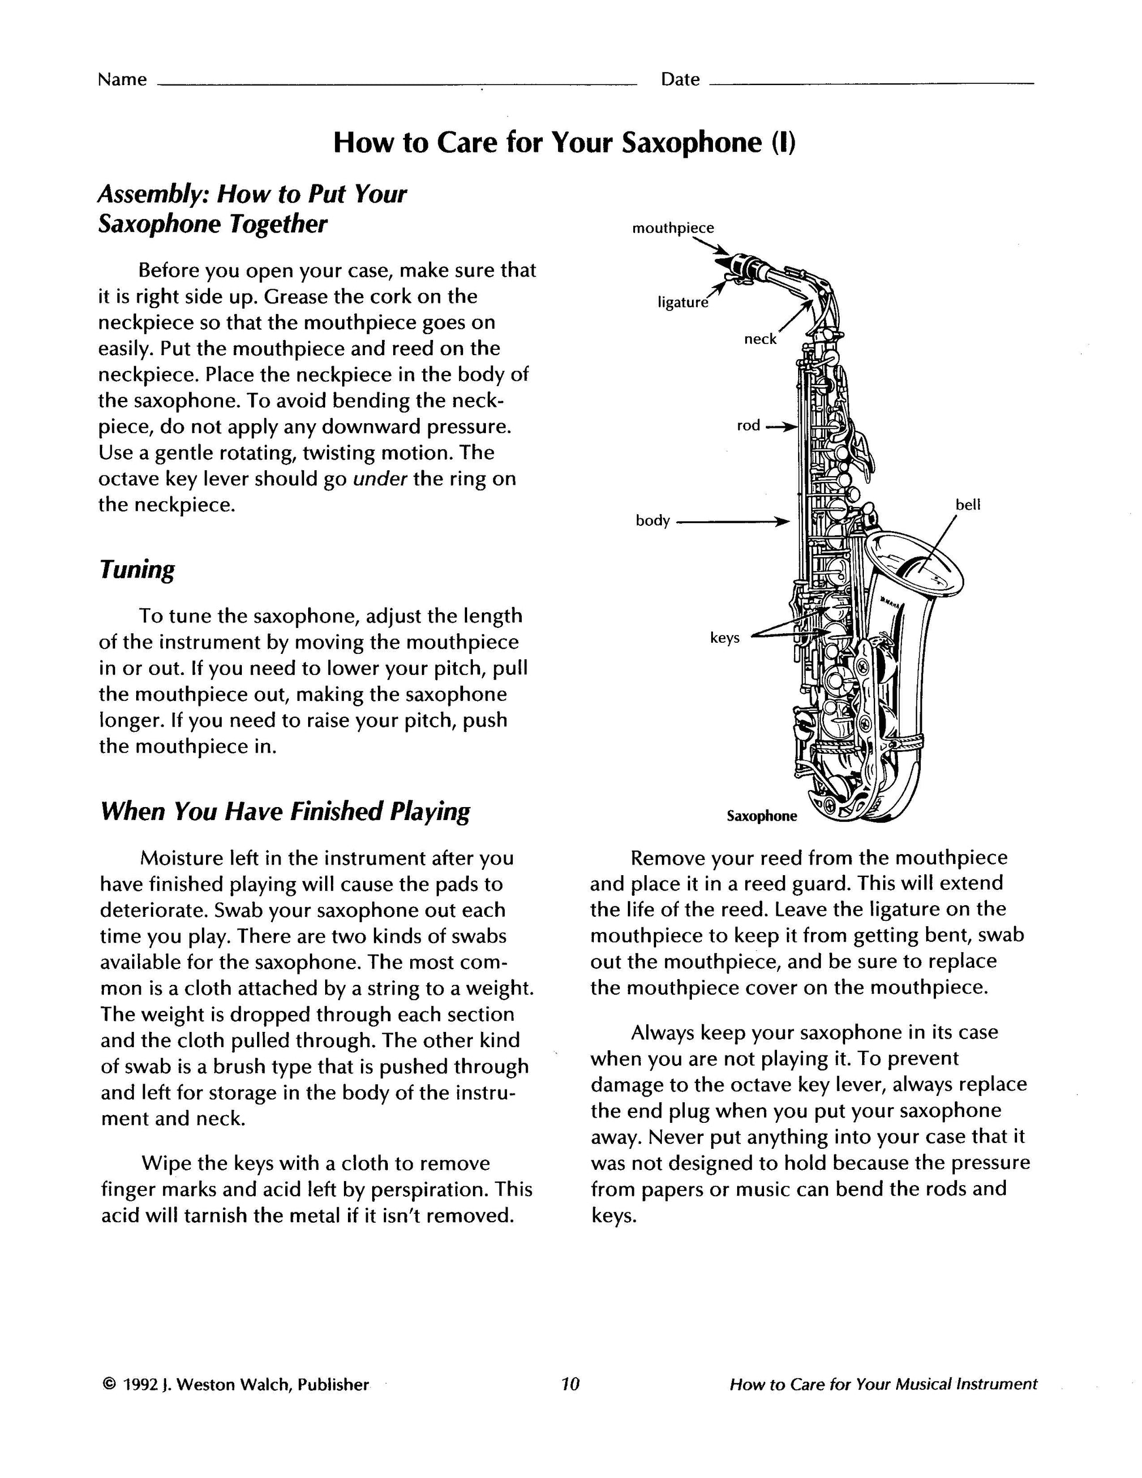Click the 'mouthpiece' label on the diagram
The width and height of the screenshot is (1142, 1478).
tap(673, 228)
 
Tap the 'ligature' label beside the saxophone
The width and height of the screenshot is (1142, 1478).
tap(683, 302)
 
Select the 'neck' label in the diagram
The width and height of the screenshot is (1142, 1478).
tap(761, 339)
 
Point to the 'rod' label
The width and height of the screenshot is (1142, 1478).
tap(748, 426)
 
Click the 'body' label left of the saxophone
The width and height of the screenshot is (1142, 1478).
tap(653, 521)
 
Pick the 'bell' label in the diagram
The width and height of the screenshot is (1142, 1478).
tap(968, 504)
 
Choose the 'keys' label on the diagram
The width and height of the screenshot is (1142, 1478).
tap(725, 637)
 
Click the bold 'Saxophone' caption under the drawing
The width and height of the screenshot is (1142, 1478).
tap(762, 816)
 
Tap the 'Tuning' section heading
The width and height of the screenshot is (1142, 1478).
tap(137, 569)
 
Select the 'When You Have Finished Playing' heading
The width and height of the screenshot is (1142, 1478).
tap(285, 811)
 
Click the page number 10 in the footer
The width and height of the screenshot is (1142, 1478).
tap(570, 1385)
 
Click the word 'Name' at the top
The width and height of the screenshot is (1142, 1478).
tap(123, 80)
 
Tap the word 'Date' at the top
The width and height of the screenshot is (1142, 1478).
tap(680, 80)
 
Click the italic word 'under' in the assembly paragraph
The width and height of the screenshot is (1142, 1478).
tap(380, 479)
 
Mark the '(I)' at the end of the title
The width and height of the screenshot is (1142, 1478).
tap(783, 143)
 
